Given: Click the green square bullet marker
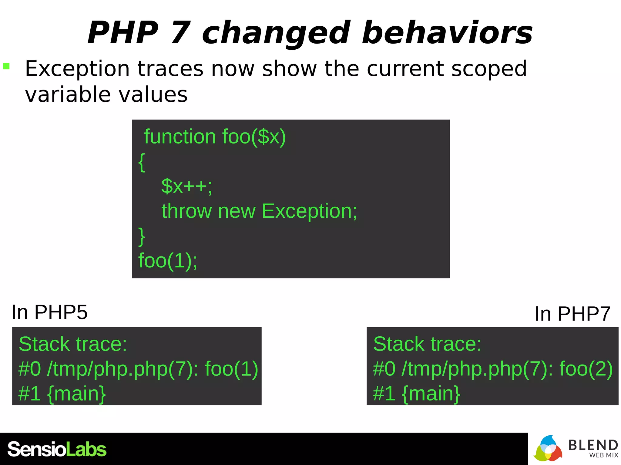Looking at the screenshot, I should click(x=6, y=66).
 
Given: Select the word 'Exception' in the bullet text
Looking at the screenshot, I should click(x=77, y=69).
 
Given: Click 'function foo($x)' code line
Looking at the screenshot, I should click(x=215, y=137).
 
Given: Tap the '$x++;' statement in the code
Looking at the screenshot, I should click(x=187, y=186).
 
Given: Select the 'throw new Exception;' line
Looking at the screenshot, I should click(x=259, y=211).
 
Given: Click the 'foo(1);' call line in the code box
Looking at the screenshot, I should click(x=168, y=260).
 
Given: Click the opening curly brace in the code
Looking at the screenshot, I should click(x=142, y=162).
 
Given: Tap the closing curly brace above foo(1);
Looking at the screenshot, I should click(x=142, y=236).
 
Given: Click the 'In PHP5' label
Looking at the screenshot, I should click(x=49, y=312).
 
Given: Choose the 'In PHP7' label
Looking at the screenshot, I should click(x=572, y=314).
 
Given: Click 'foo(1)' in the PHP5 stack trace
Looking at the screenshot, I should click(x=232, y=369).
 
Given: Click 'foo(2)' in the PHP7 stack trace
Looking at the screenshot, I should click(x=586, y=369).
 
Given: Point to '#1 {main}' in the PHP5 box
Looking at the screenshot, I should click(x=62, y=394).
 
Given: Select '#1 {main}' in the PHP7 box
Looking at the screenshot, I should click(x=417, y=394).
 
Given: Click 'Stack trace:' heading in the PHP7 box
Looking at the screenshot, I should click(x=427, y=344).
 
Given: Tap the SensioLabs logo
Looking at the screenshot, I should click(x=57, y=449).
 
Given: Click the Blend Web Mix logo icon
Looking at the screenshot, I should click(x=548, y=449).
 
